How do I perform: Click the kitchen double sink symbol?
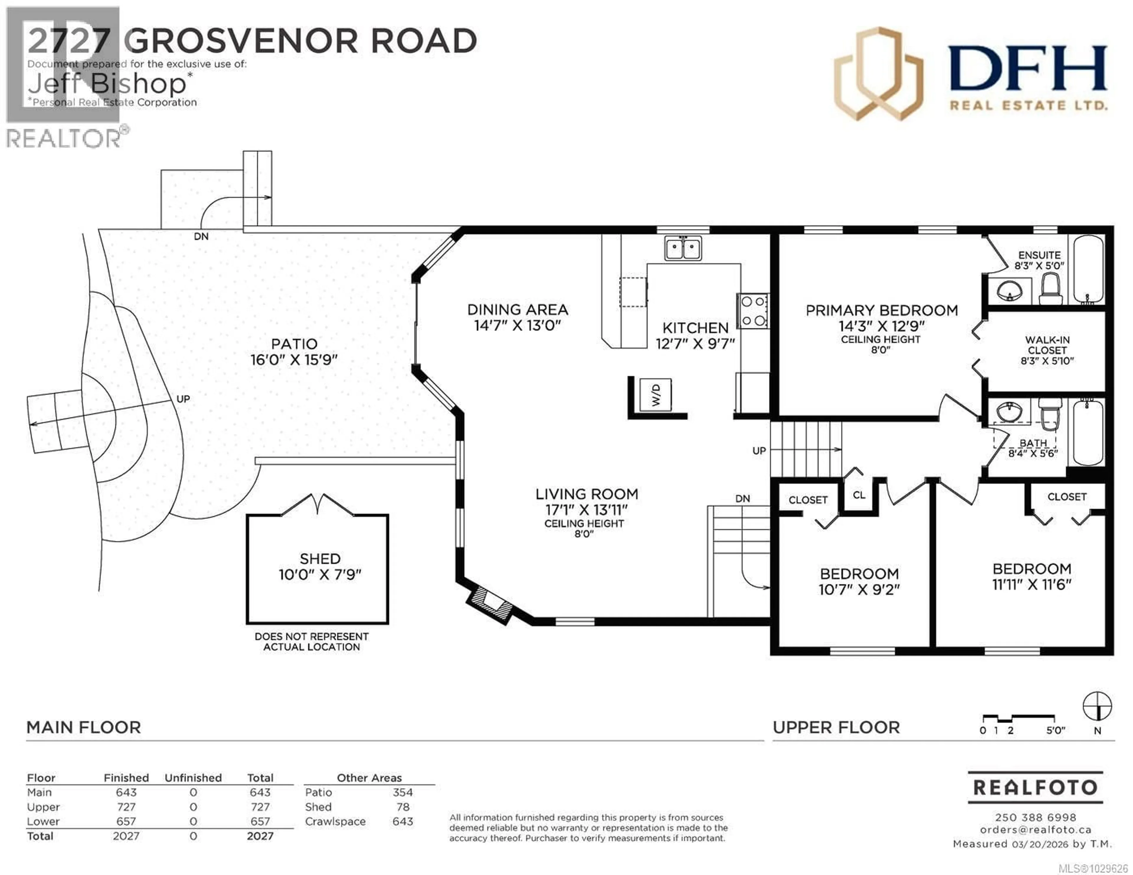pyautogui.click(x=683, y=248)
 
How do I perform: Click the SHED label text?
pyautogui.click(x=320, y=559)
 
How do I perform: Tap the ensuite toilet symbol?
pyautogui.click(x=1050, y=289)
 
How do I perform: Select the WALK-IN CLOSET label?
pyautogui.click(x=1047, y=350)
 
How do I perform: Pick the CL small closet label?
pyautogui.click(x=859, y=495)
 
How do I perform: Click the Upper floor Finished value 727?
pyautogui.click(x=126, y=807)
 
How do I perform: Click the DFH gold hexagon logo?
pyautogui.click(x=878, y=74)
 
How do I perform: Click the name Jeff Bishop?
pyautogui.click(x=106, y=83)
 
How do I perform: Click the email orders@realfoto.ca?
pyautogui.click(x=1035, y=830)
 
